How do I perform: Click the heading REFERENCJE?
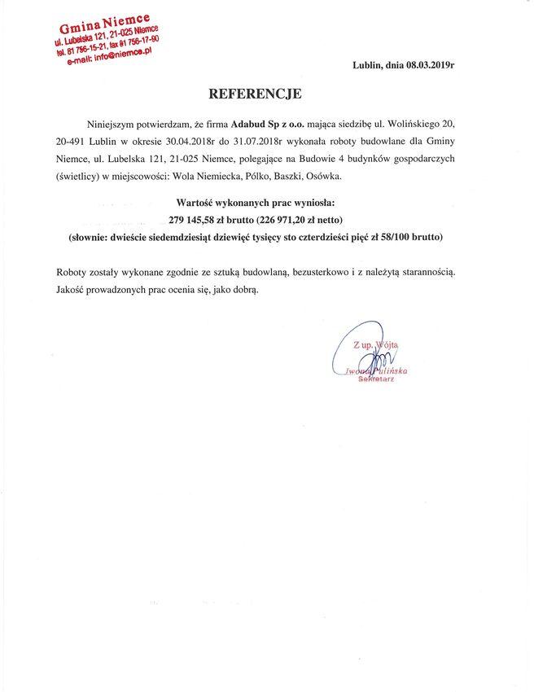pos(255,94)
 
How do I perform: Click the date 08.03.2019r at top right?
pos(427,64)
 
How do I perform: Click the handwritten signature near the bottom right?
pos(365,358)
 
